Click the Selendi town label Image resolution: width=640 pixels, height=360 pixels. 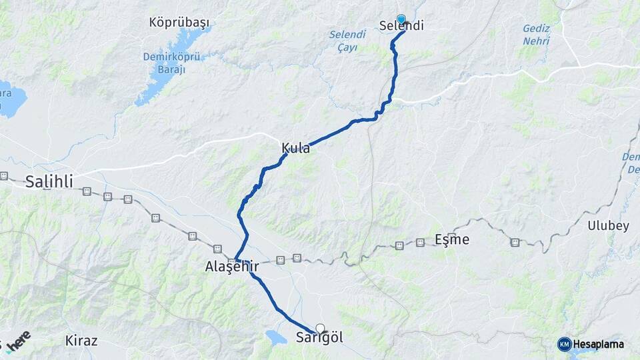coord(401,27)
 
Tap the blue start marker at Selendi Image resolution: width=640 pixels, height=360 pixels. coord(401,19)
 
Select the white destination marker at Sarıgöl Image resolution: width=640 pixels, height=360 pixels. coord(321,328)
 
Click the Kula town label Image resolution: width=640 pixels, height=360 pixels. coord(295,148)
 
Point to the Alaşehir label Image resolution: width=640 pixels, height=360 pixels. coord(231,267)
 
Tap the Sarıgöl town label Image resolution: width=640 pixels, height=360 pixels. coord(319,338)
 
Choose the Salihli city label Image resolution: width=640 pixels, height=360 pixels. coord(49,181)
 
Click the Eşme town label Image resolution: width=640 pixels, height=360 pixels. coord(452,239)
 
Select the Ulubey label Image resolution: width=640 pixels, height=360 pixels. coord(608,225)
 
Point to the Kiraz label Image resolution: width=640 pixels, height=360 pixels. coord(81,341)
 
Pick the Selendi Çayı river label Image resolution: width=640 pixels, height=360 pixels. coord(347,41)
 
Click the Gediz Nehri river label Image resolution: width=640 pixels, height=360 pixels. coord(536,35)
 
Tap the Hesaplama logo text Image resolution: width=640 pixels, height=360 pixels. coord(599,344)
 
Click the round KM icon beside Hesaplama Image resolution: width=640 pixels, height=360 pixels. coord(564,344)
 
